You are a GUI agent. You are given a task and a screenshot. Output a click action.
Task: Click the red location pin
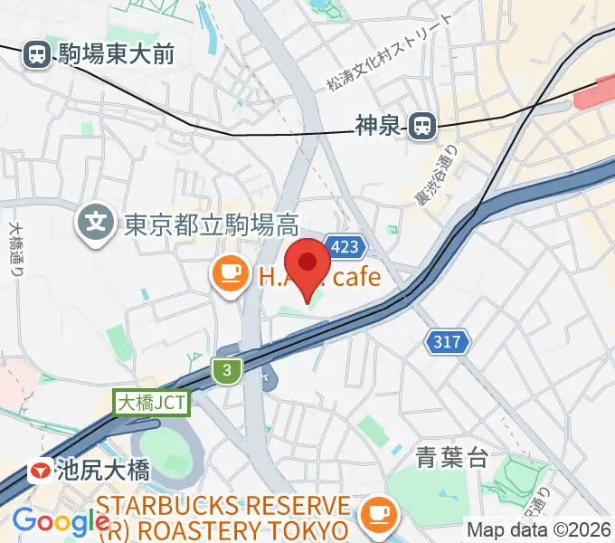[x=309, y=266]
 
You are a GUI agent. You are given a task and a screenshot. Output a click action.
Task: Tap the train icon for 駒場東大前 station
[x=38, y=54]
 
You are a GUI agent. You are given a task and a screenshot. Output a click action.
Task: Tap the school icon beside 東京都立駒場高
[x=94, y=220]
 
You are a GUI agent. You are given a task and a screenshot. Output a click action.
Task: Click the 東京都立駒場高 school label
[x=211, y=221]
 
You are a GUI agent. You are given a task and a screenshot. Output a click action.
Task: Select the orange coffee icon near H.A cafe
[x=230, y=273]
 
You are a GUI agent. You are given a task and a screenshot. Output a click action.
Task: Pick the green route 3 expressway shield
[x=227, y=368]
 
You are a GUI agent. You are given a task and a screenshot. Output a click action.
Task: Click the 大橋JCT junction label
[x=152, y=403]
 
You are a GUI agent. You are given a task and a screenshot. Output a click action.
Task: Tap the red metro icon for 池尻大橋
[x=40, y=471]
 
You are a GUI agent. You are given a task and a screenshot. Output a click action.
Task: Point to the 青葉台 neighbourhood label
[x=450, y=457]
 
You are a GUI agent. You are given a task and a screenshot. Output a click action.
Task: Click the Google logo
[x=61, y=521]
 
